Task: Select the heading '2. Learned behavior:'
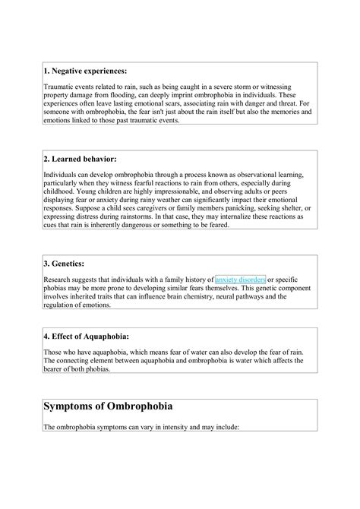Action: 80,159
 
